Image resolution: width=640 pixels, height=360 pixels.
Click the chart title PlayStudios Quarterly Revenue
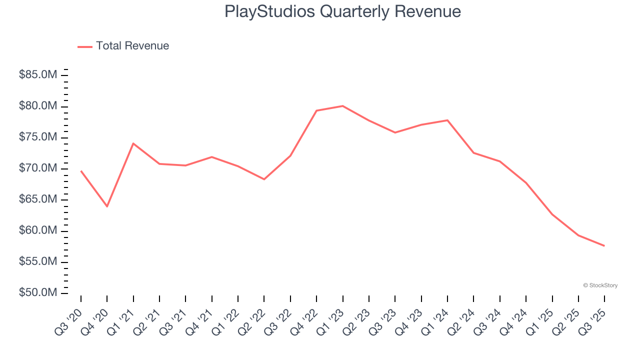coord(342,11)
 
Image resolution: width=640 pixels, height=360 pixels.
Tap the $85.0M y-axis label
coord(38,75)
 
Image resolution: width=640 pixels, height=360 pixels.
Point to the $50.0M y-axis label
coord(38,292)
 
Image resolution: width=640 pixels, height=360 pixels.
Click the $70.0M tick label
coord(38,168)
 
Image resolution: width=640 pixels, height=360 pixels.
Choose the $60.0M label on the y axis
coord(38,230)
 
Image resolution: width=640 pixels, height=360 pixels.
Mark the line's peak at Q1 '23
coord(342,106)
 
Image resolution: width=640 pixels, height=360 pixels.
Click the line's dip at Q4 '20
coord(107,206)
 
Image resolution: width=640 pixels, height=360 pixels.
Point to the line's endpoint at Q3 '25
coord(604,245)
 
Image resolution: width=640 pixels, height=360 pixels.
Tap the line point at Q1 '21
coord(133,143)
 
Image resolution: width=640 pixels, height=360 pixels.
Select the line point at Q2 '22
coord(264,179)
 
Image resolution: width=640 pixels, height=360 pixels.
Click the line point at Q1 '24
coord(447,120)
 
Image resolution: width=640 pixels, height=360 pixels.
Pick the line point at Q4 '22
coord(316,110)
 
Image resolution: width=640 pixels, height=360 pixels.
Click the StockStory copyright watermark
coord(600,285)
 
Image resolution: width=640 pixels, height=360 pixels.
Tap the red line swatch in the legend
coord(85,46)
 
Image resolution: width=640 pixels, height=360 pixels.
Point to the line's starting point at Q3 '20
coord(81,171)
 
